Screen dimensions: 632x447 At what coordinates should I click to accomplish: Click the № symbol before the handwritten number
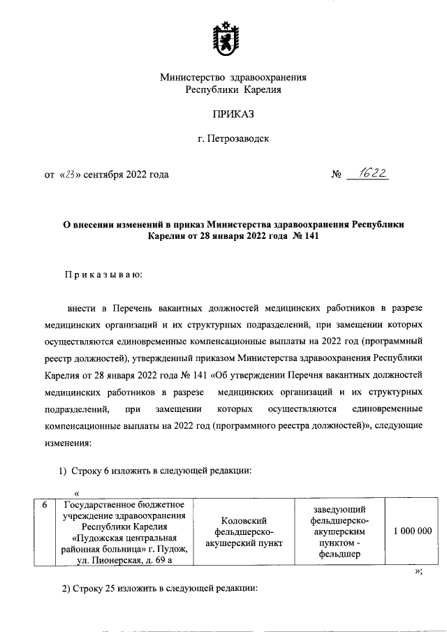coord(335,175)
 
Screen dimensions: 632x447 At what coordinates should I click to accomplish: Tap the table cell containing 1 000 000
coord(412,531)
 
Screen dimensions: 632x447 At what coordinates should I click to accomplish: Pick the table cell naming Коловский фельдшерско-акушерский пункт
coord(244,531)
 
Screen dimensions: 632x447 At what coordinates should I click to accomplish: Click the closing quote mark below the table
coord(418,572)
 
